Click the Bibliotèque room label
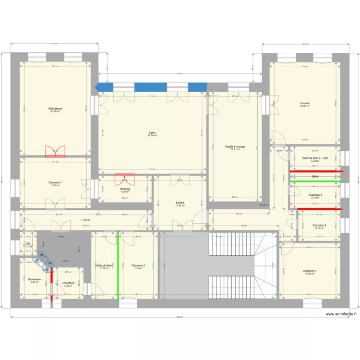pyautogui.click(x=55, y=108)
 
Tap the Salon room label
pyautogui.click(x=152, y=133)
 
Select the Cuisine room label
pyautogui.click(x=305, y=103)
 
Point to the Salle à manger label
pyautogui.click(x=235, y=146)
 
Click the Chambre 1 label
pyautogui.click(x=55, y=182)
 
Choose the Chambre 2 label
pyautogui.click(x=138, y=265)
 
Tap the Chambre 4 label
pyautogui.click(x=310, y=271)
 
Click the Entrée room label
pyautogui.click(x=180, y=203)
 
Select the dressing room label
pyautogui.click(x=125, y=189)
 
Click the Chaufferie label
pyautogui.click(x=68, y=283)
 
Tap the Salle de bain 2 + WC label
pyautogui.click(x=315, y=158)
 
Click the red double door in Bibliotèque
pyautogui.click(x=55, y=152)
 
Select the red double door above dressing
pyautogui.click(x=125, y=179)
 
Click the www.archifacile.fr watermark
pyautogui.click(x=341, y=314)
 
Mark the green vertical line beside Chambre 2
pyautogui.click(x=118, y=266)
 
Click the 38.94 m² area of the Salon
pyautogui.click(x=152, y=136)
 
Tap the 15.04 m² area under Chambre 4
pyautogui.click(x=310, y=274)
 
